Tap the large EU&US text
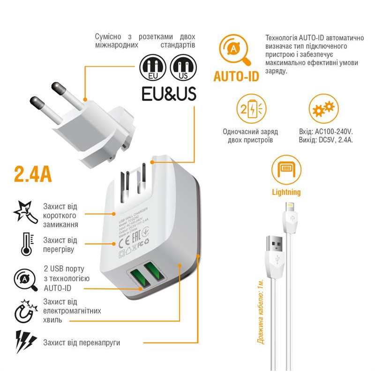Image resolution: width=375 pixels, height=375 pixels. point(169,93)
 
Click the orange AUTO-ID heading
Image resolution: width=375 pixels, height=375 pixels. point(236,76)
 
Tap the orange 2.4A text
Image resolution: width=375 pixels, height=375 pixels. point(33,173)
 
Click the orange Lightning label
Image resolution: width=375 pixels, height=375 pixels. point(286,192)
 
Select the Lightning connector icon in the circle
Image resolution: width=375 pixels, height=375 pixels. point(286,169)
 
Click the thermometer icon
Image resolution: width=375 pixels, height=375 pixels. point(26,244)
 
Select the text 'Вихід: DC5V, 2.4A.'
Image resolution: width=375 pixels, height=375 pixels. point(325,140)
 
